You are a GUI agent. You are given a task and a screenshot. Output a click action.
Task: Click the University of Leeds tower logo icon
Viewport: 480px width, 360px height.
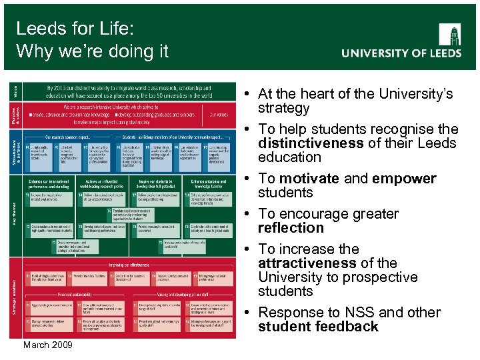pos(449,34)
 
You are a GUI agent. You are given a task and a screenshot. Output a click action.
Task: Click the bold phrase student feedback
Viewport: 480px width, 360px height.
pos(318,327)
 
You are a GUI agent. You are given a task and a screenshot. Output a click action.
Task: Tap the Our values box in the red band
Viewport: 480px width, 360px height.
pos(219,115)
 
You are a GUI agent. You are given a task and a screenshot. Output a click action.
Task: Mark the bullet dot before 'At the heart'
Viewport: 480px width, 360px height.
pos(247,94)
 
